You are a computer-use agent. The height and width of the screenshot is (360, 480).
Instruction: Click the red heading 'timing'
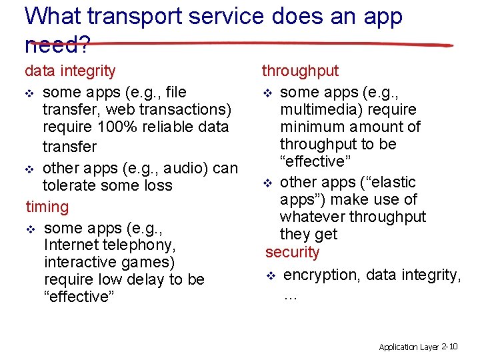47,207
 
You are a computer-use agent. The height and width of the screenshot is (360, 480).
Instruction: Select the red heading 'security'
292,252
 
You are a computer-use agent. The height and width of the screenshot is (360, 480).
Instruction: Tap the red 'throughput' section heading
300,71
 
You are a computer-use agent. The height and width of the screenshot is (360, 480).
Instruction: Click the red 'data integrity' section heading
70,71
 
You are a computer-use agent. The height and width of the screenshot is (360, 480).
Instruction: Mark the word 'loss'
157,185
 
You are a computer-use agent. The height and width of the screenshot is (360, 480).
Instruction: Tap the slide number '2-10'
449,347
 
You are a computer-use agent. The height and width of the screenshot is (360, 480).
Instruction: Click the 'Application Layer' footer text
408,347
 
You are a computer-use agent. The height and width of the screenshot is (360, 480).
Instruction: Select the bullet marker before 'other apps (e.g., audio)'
31,169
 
